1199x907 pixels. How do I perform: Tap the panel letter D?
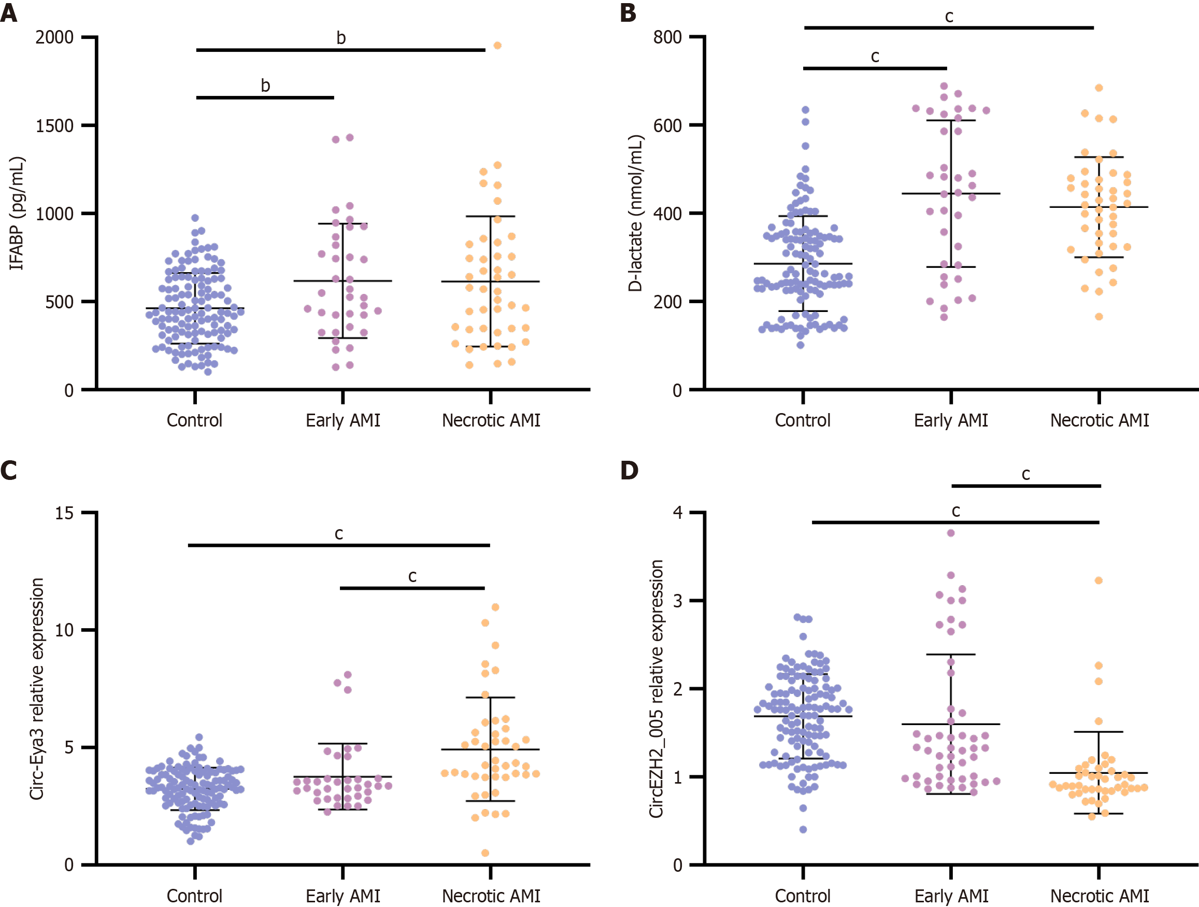(x=630, y=471)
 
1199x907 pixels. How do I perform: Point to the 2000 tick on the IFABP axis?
(x=54, y=37)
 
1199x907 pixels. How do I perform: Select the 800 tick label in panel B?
(x=667, y=37)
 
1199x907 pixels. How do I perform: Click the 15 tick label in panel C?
(x=64, y=513)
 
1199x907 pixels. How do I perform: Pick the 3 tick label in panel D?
(x=678, y=601)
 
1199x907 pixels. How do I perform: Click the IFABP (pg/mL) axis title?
(x=17, y=213)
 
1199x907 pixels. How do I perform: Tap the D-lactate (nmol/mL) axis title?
(x=635, y=213)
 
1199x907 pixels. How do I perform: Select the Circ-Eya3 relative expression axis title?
(x=37, y=688)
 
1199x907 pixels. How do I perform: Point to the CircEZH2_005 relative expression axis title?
(x=656, y=688)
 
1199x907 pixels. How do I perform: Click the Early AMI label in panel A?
(x=342, y=420)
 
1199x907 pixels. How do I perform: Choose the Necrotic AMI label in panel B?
(x=1100, y=420)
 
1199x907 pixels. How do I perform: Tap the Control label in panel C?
(x=194, y=896)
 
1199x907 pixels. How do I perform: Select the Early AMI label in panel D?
(x=951, y=896)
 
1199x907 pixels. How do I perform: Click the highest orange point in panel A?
(x=497, y=46)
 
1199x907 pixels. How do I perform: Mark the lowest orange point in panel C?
(x=485, y=853)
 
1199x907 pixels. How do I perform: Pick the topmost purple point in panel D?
(x=951, y=533)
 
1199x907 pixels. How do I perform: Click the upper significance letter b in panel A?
(x=341, y=38)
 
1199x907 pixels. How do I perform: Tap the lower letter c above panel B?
(x=875, y=56)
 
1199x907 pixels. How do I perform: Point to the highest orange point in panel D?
(x=1098, y=580)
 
